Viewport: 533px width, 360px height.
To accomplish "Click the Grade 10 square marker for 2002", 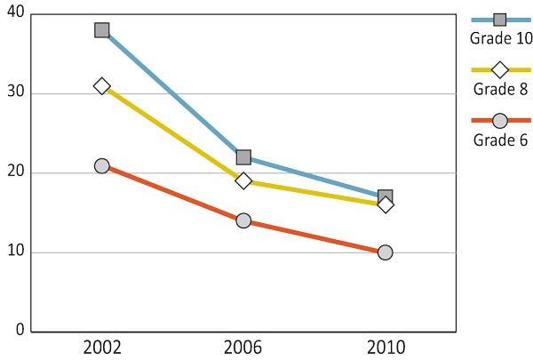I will [x=102, y=30].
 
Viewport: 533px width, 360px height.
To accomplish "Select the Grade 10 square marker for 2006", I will [x=243, y=157].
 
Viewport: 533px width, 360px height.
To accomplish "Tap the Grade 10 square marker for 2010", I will [x=386, y=196].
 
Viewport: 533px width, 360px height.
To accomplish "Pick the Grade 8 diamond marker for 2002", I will [x=102, y=86].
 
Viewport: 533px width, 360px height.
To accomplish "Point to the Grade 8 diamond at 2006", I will [x=243, y=181].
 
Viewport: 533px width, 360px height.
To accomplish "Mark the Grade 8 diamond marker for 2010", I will [x=386, y=205].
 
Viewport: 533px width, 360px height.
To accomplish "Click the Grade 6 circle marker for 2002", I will [x=102, y=165].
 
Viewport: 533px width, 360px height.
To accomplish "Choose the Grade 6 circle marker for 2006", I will [x=243, y=220].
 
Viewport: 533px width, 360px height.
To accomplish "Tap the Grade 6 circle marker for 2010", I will [x=386, y=252].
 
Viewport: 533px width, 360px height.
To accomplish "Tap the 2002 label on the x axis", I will [x=102, y=348].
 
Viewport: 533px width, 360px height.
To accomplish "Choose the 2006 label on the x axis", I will [x=243, y=348].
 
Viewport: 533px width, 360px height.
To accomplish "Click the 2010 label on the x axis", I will [x=386, y=348].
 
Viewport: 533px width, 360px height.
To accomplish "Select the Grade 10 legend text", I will [x=500, y=38].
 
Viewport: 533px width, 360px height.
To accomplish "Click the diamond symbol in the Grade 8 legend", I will [x=500, y=69].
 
